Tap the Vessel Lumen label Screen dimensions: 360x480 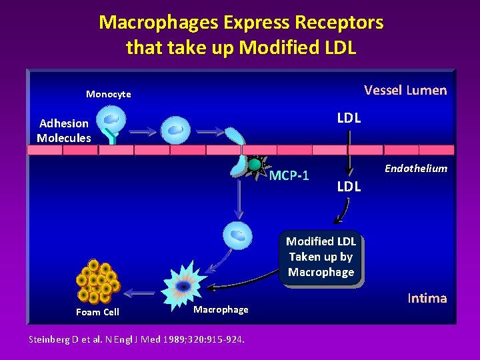405,90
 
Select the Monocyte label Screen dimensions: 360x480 108,94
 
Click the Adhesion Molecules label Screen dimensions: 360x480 63,131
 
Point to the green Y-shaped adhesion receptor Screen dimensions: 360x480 113,137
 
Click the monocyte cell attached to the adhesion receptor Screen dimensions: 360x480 111,120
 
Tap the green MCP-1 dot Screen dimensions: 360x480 255,164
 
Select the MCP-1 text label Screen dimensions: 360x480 289,176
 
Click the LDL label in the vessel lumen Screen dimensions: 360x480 349,118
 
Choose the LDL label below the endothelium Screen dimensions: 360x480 349,187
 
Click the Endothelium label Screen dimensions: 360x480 415,169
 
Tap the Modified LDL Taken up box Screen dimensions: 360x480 321,257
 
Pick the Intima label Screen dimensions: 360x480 427,298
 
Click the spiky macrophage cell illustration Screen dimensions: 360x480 183,285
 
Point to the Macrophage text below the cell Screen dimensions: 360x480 221,309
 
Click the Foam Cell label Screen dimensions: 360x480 97,312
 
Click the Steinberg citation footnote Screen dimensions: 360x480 137,339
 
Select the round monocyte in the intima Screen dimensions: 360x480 238,235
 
